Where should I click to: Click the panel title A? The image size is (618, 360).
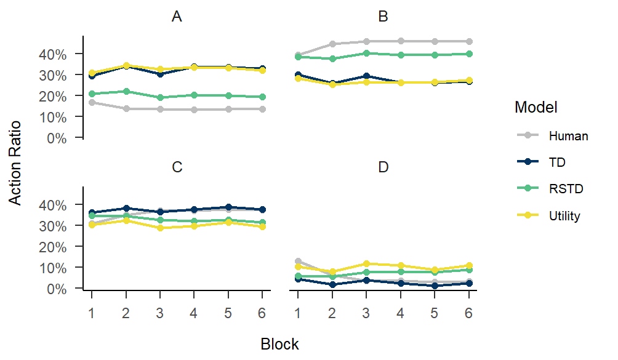tap(177, 17)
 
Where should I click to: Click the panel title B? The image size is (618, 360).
tap(383, 17)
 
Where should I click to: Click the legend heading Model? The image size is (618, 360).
tap(536, 108)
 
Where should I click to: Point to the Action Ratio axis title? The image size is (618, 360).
tap(16, 162)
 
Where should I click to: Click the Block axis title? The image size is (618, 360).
tap(279, 344)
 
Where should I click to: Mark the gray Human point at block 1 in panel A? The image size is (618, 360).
tap(91, 102)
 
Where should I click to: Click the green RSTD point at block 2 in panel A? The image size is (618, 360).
tap(126, 91)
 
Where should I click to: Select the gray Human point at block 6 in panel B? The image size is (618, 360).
tap(469, 41)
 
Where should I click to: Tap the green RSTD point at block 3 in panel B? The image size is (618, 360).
tap(366, 53)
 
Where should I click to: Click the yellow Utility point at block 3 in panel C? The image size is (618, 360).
tap(160, 228)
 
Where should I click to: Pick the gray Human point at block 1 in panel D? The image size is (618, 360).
tap(298, 261)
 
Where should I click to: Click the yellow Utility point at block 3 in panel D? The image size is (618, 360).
tap(366, 263)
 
